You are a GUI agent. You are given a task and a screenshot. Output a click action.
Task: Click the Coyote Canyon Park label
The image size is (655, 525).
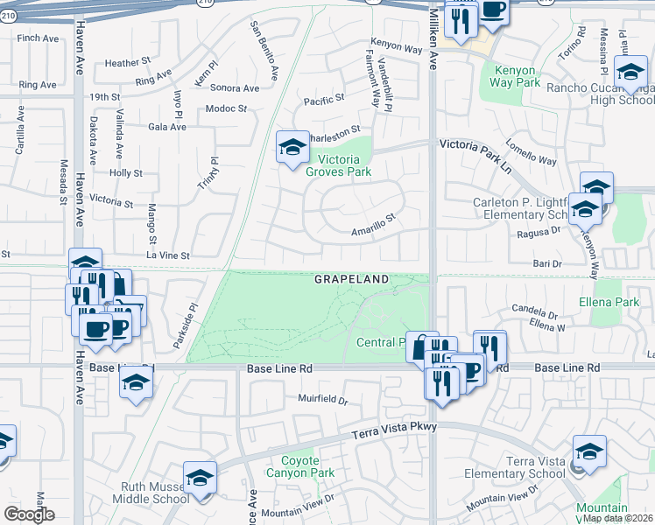coord(307,466)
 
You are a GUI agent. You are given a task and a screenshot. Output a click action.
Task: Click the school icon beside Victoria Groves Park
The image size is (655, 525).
coord(292,147)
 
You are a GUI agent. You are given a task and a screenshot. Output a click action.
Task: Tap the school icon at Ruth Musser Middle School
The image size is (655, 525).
coord(201,479)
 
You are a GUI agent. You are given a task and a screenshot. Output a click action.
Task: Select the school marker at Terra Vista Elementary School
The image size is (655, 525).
coord(589,452)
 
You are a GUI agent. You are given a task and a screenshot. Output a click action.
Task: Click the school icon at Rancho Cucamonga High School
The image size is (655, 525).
coord(630,73)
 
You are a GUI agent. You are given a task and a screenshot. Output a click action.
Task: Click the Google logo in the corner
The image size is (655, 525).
coord(30,514)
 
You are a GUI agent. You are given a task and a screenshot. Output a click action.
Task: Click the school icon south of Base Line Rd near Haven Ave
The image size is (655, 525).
coord(136,382)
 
